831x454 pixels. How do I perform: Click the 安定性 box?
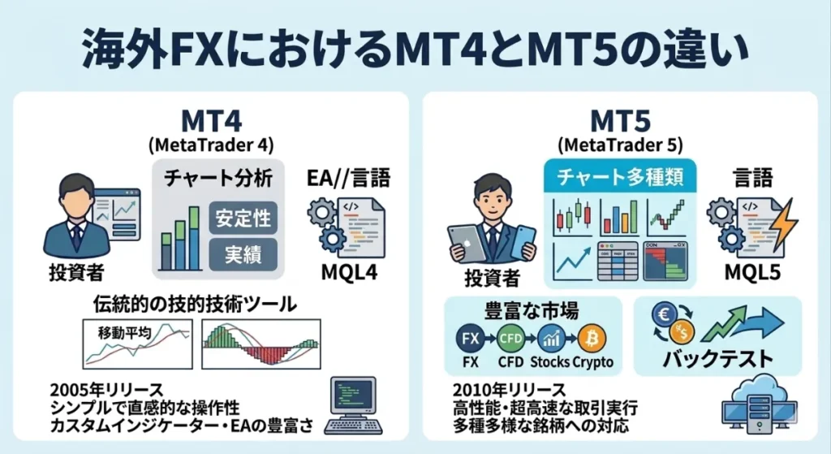(243, 218)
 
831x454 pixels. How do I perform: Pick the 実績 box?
(243, 254)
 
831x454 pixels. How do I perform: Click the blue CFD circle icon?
(510, 336)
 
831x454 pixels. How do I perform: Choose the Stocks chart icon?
(550, 336)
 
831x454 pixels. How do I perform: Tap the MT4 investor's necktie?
(76, 235)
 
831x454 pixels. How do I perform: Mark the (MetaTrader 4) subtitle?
(212, 145)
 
